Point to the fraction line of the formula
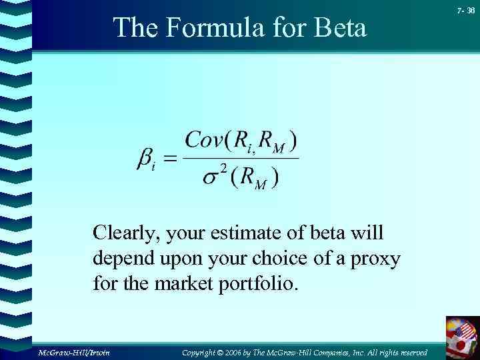(x=241, y=158)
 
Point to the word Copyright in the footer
(x=203, y=351)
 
